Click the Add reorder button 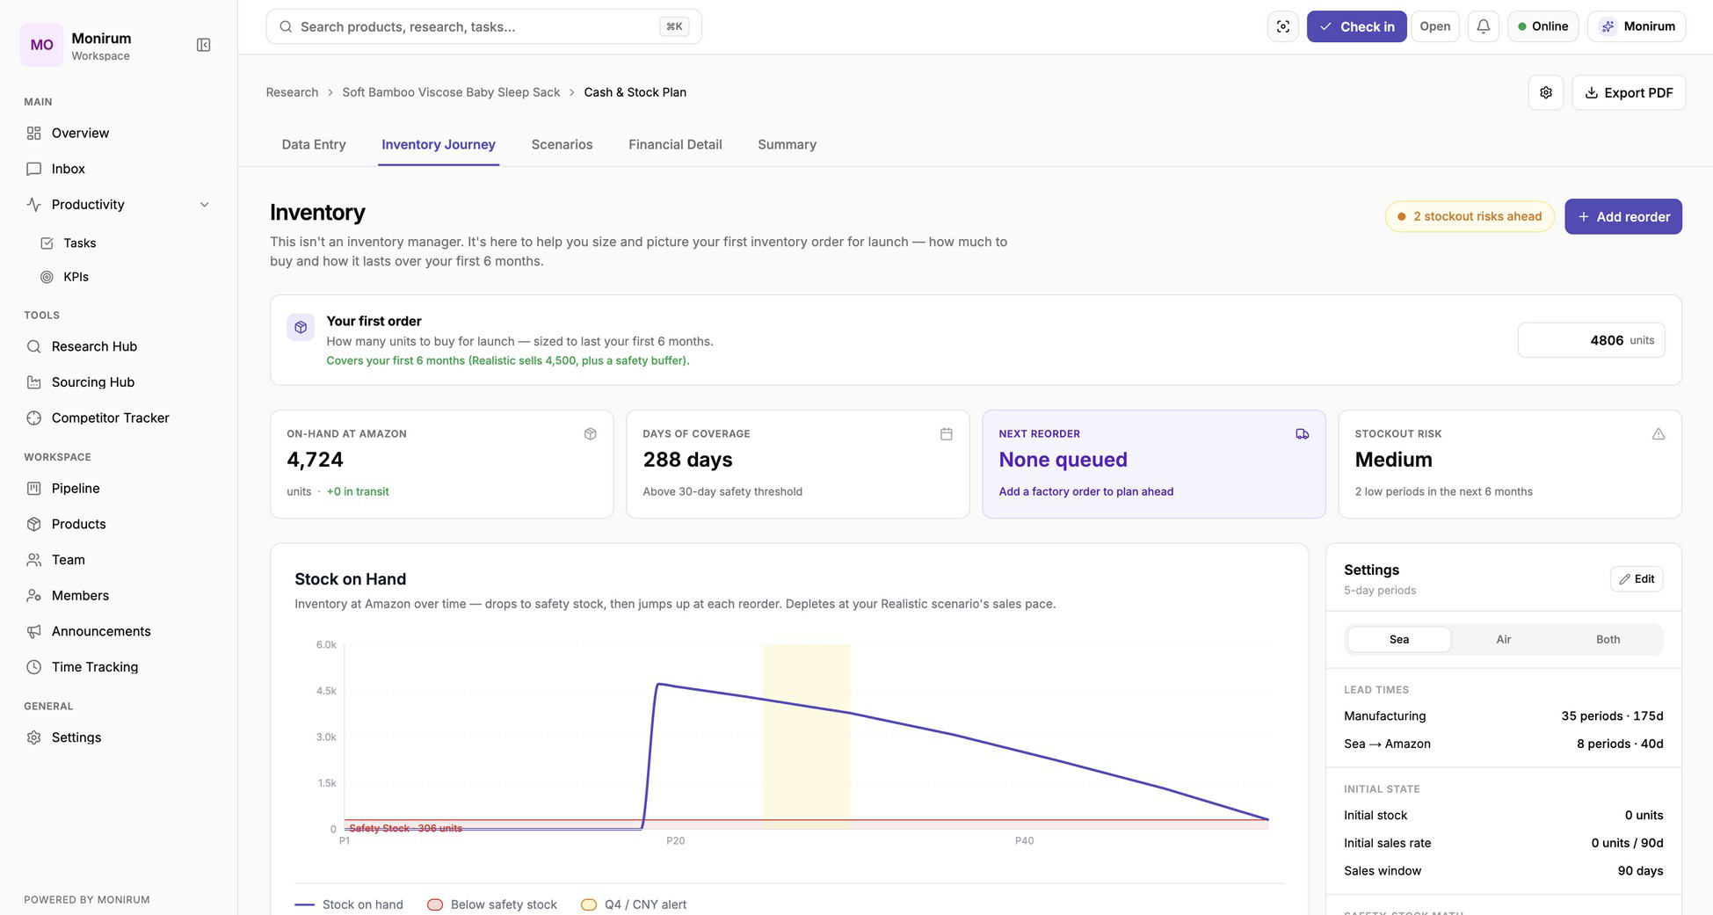pyautogui.click(x=1622, y=216)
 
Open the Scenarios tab pyautogui.click(x=562, y=144)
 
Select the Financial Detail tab pyautogui.click(x=675, y=144)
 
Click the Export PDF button pyautogui.click(x=1629, y=92)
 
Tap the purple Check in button pyautogui.click(x=1356, y=26)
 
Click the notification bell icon pyautogui.click(x=1483, y=26)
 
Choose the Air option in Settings pyautogui.click(x=1503, y=639)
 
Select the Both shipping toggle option pyautogui.click(x=1608, y=639)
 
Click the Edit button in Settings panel pyautogui.click(x=1637, y=578)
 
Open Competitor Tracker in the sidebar pyautogui.click(x=110, y=418)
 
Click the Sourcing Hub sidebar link pyautogui.click(x=92, y=381)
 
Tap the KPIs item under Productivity pyautogui.click(x=76, y=276)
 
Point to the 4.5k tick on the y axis pyautogui.click(x=326, y=691)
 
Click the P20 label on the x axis pyautogui.click(x=675, y=840)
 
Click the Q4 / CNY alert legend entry pyautogui.click(x=634, y=904)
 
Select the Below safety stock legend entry pyautogui.click(x=492, y=904)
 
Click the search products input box pyautogui.click(x=483, y=26)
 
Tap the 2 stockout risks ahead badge pyautogui.click(x=1470, y=216)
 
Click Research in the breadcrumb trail pyautogui.click(x=292, y=92)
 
